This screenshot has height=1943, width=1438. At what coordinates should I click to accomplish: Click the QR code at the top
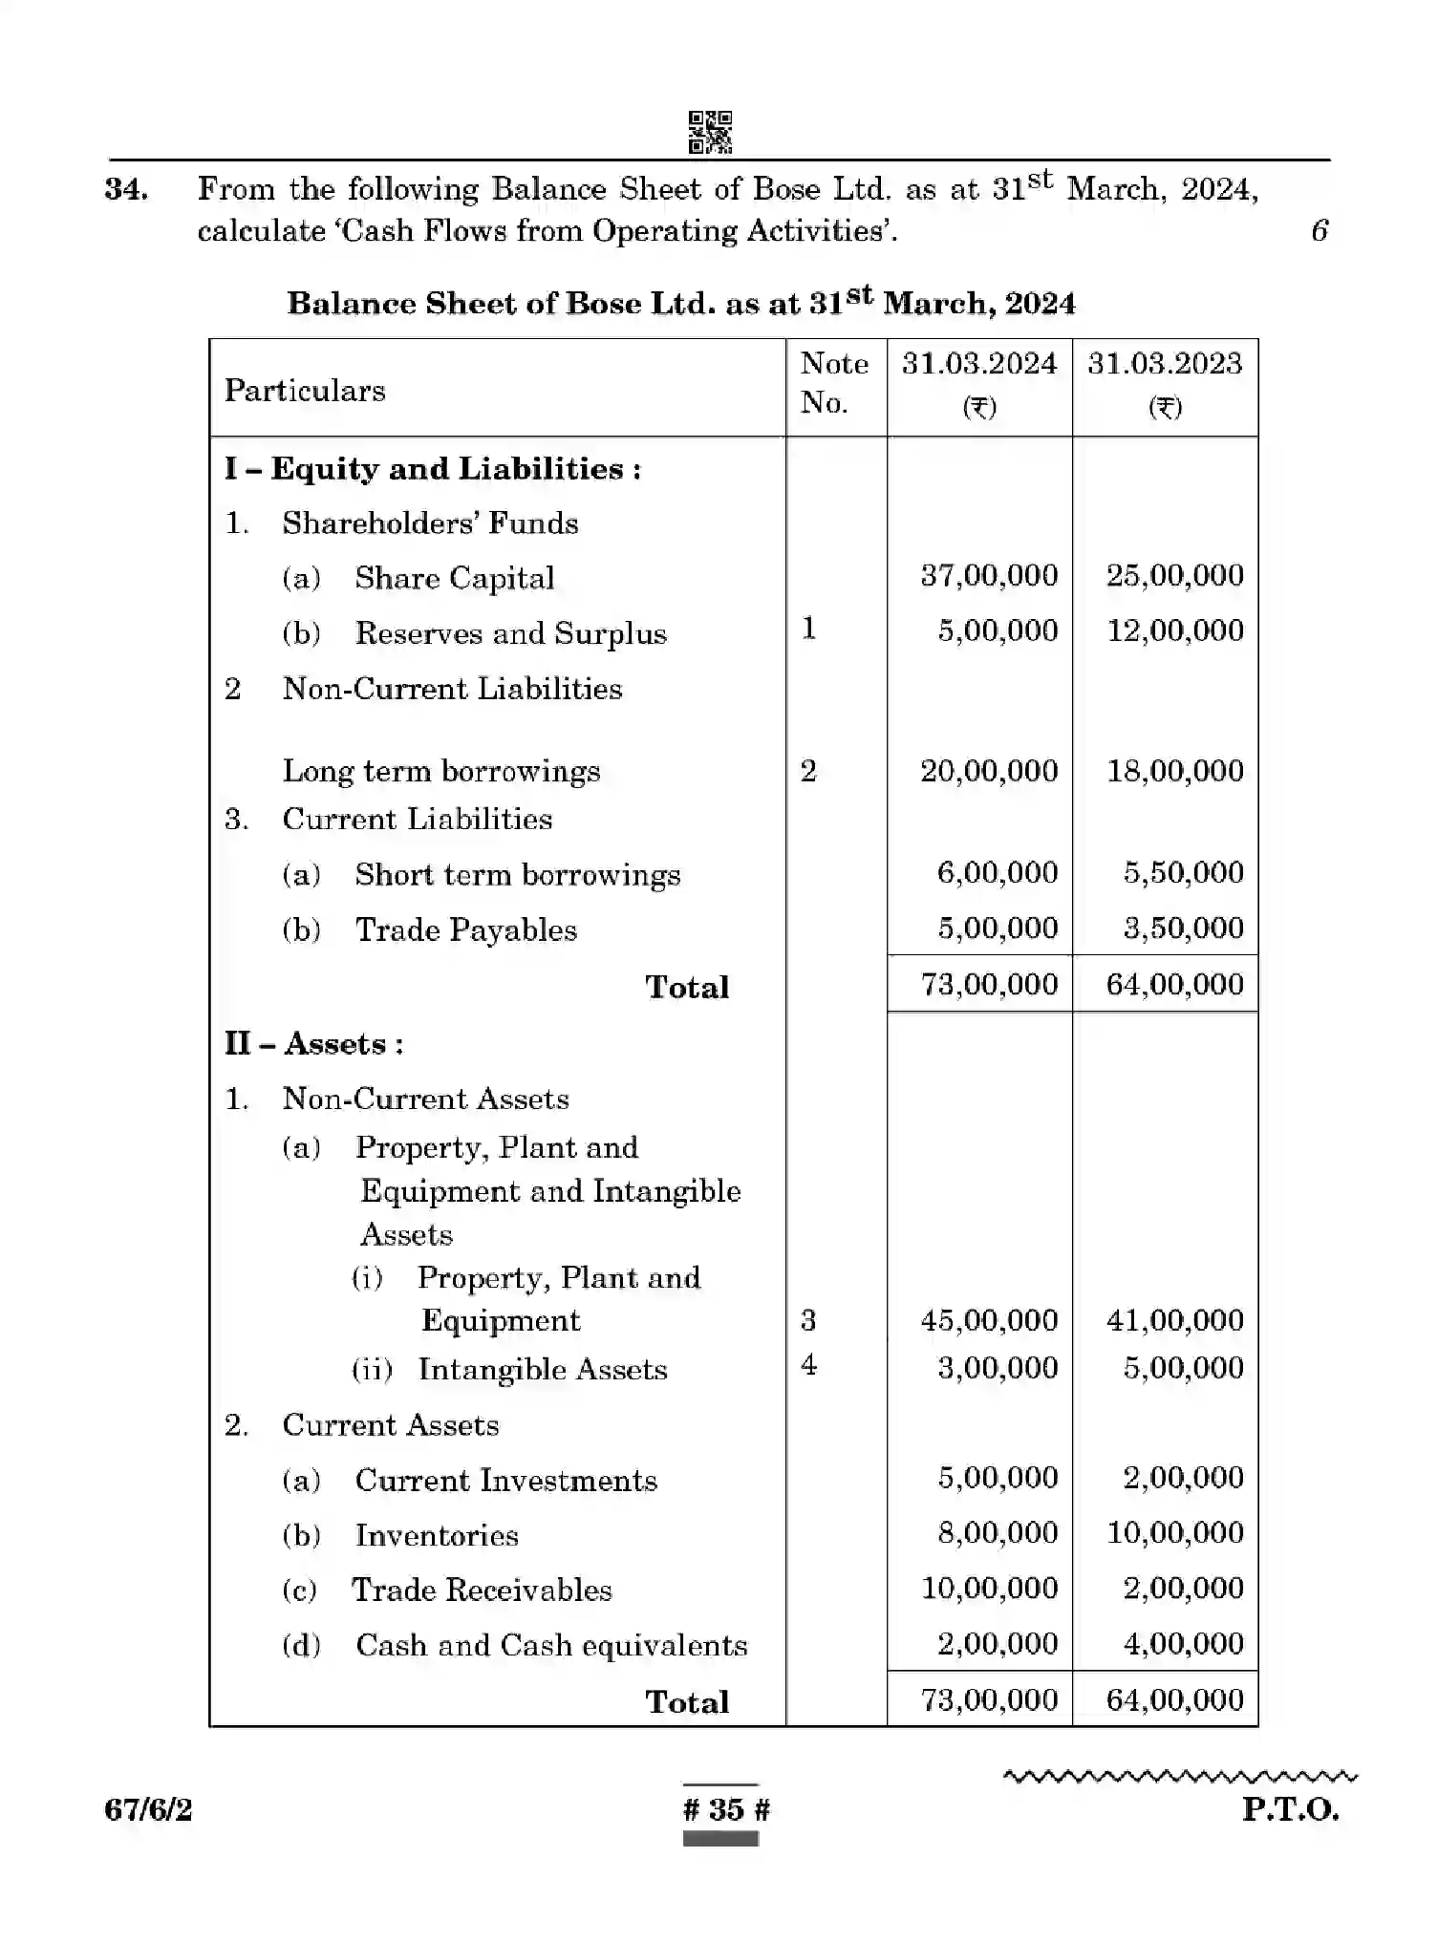coord(710,133)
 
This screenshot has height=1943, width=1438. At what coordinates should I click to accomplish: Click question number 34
coord(126,189)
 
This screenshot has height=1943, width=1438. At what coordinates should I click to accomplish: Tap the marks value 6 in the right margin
coord(1320,230)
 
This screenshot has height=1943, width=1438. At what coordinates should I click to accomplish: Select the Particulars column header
coord(305,391)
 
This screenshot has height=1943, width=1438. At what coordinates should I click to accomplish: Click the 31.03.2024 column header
coord(979,364)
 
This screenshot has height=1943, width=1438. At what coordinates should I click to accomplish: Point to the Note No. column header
coord(834,383)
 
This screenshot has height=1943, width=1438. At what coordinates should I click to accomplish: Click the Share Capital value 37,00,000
coord(989,575)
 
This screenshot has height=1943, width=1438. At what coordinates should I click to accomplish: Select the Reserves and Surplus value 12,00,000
coord(1174,630)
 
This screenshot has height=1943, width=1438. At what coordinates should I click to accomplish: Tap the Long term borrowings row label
coord(441,771)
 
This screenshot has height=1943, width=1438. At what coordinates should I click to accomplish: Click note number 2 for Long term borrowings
coord(808,771)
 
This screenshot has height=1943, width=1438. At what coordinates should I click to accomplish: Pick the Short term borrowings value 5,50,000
coord(1183,872)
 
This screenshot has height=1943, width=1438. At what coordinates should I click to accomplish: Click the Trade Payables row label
coord(465,930)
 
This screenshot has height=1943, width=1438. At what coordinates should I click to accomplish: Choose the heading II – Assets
coord(313,1043)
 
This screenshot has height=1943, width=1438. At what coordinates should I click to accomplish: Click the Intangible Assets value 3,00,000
coord(997,1368)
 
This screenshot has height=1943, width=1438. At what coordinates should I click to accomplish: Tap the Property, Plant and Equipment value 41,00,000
coord(1174,1320)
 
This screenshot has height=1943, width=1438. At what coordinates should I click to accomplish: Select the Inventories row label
coord(437,1535)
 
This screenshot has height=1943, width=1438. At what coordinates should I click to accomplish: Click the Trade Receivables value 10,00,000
coord(989,1589)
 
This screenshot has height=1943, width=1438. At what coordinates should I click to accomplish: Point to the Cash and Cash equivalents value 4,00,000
coord(1183,1644)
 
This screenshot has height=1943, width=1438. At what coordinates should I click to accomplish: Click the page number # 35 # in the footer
coord(726,1809)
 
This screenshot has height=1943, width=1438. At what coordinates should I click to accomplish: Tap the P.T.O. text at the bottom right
coord(1290,1809)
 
